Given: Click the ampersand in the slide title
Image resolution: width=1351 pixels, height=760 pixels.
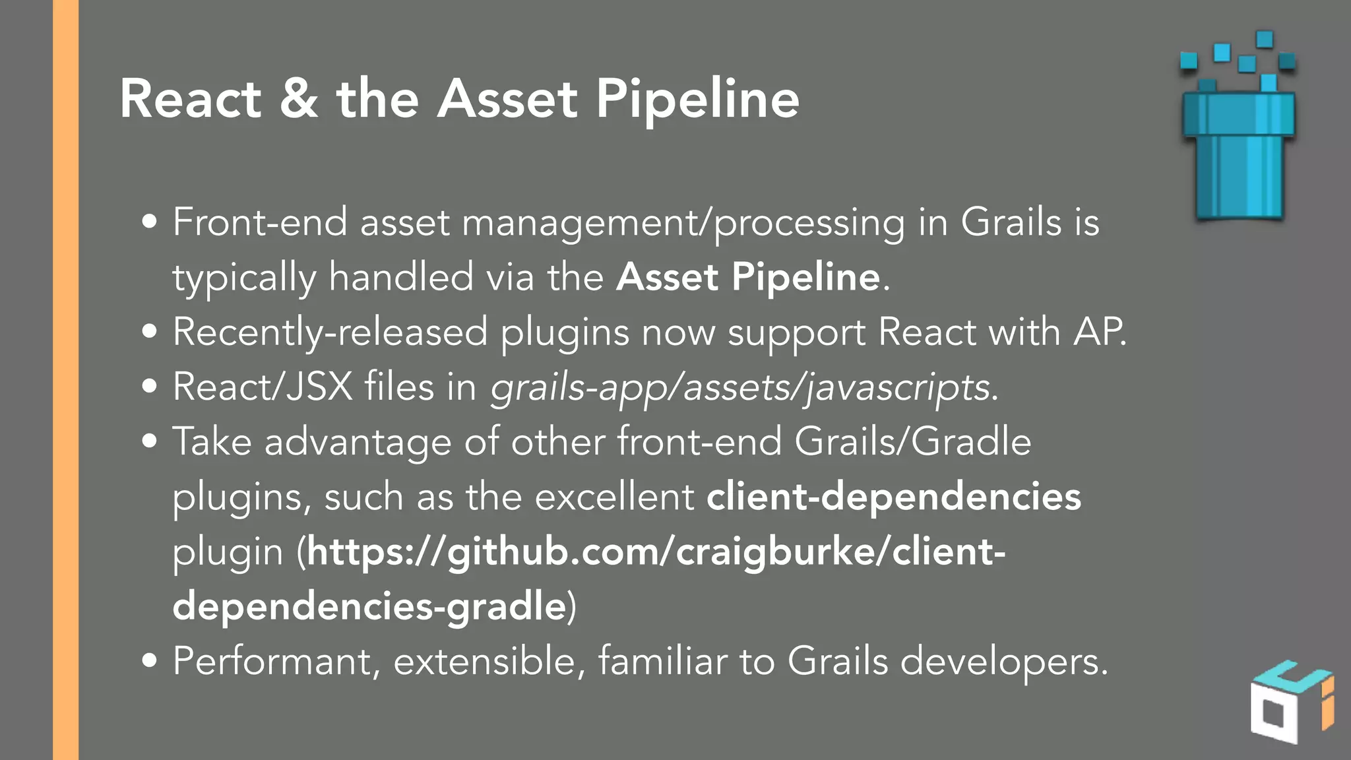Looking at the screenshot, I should tap(299, 99).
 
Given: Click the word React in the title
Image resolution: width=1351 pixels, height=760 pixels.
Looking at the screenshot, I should tap(191, 99).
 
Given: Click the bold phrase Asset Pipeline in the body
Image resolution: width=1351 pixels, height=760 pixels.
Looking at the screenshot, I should tap(748, 276).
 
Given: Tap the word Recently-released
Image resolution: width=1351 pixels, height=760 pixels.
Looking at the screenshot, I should tap(330, 332).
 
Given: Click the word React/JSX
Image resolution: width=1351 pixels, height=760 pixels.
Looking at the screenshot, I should tap(263, 387).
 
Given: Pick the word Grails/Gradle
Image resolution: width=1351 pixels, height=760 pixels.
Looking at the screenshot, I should tap(912, 441).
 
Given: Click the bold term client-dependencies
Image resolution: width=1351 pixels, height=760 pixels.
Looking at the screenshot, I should tap(894, 496).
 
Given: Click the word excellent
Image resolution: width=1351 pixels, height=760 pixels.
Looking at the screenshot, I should tap(614, 496).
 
